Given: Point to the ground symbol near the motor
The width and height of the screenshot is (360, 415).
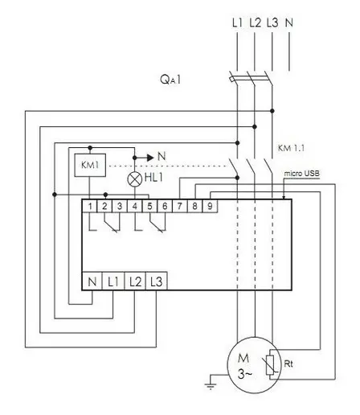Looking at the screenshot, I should pyautogui.click(x=211, y=384).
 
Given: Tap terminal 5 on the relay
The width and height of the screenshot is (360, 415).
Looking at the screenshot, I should pyautogui.click(x=151, y=207).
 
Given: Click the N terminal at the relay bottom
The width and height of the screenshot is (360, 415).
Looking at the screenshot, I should pyautogui.click(x=92, y=281).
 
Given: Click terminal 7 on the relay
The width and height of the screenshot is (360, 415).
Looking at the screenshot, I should pyautogui.click(x=181, y=207).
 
